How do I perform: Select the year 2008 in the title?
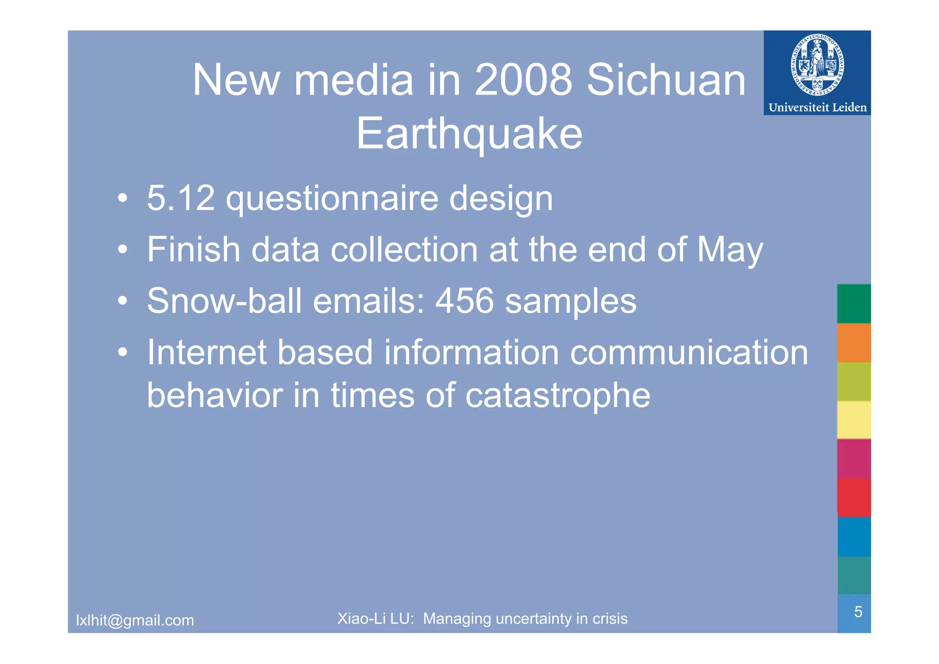coord(523,80)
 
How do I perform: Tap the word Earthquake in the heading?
coord(469,133)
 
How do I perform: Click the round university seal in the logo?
coord(817,66)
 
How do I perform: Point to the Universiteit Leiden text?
coord(817,107)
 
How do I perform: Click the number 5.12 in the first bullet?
coord(181,198)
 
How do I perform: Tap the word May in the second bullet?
coord(729,250)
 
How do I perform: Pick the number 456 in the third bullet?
coord(464,301)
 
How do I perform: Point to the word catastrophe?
coord(558,395)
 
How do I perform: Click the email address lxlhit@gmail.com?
coord(135,620)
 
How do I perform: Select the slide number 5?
coord(858,612)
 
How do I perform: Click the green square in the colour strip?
coord(854,304)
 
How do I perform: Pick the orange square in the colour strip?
coord(854,343)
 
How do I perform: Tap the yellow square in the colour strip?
coord(854,420)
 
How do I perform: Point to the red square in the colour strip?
coord(854,498)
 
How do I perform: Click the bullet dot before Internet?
coord(122,353)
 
